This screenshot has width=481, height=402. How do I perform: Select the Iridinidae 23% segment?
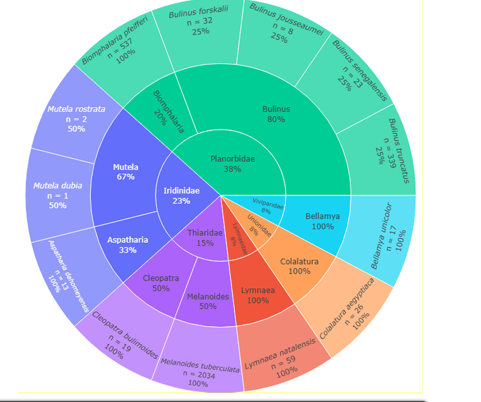click(181, 196)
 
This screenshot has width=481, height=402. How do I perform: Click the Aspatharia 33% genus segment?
click(127, 245)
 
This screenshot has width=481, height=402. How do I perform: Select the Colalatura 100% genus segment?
click(299, 266)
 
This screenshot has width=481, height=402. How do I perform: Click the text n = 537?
click(120, 48)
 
